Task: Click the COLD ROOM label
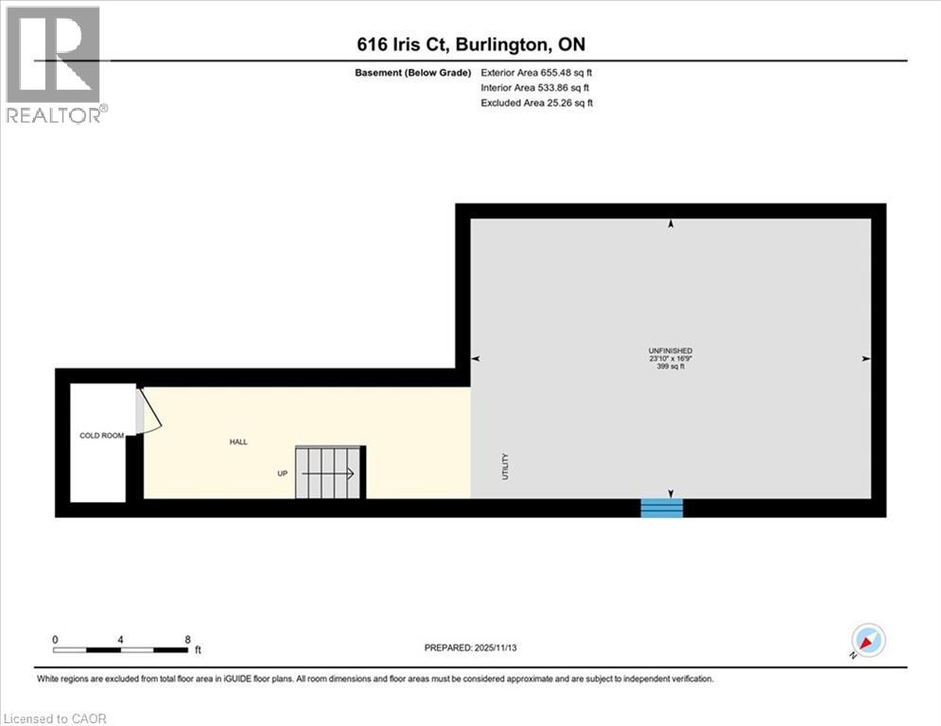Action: click(101, 436)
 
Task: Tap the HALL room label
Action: click(238, 441)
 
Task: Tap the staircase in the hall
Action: click(328, 473)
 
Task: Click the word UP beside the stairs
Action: click(282, 474)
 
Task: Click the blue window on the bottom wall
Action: click(662, 509)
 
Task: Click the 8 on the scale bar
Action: click(187, 639)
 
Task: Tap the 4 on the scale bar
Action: click(121, 639)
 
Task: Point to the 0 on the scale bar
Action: click(56, 639)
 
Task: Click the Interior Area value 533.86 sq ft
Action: click(566, 87)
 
